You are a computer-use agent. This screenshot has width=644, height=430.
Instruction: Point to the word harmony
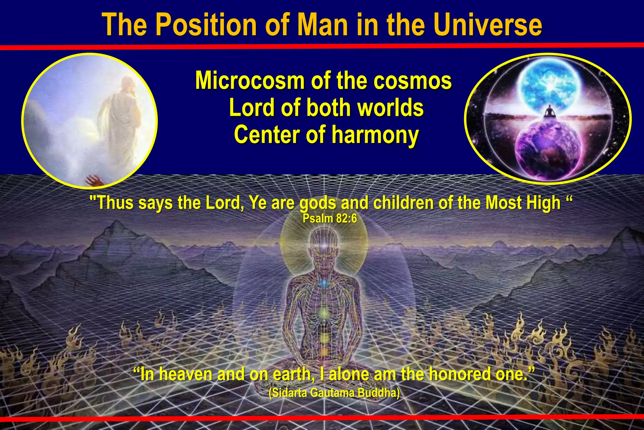coord(375,135)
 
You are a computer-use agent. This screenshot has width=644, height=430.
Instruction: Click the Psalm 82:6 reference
coord(330,218)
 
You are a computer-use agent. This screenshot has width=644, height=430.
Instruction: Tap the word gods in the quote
coord(318,203)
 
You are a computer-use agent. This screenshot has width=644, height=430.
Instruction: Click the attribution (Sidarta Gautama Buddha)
coord(334,393)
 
